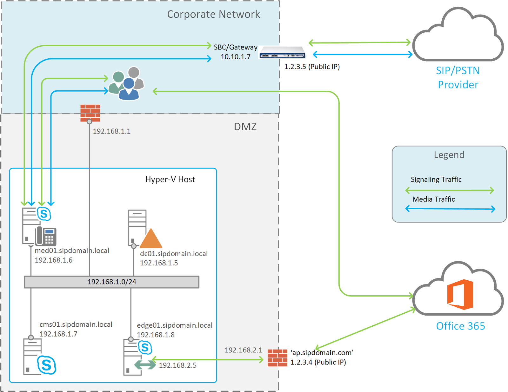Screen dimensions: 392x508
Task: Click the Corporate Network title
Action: (x=213, y=14)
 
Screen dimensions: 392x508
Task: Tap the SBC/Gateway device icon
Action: (x=282, y=53)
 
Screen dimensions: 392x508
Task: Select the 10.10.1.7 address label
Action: (x=235, y=57)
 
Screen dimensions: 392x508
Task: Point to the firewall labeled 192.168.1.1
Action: (x=90, y=113)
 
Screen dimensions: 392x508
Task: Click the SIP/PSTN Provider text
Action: (x=458, y=78)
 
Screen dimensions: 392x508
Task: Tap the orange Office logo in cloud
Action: (x=460, y=295)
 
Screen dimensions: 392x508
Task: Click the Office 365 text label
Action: (x=460, y=326)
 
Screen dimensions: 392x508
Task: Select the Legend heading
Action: (x=449, y=155)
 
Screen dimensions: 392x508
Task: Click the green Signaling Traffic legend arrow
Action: (x=450, y=190)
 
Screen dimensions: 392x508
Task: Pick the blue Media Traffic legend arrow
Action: (x=450, y=209)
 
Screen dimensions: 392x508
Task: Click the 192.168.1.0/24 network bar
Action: (x=112, y=282)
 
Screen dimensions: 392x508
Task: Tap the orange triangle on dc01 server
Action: (x=151, y=239)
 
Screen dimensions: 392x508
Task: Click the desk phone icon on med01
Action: (x=46, y=236)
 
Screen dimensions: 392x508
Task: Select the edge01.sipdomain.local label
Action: (x=175, y=325)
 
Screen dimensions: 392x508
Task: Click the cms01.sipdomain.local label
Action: (x=76, y=324)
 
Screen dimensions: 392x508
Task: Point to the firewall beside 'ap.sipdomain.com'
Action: (x=277, y=358)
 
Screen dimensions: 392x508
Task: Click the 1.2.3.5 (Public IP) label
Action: (x=312, y=67)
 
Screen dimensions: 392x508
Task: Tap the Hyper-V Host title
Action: (x=170, y=180)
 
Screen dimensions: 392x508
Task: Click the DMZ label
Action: (x=245, y=127)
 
